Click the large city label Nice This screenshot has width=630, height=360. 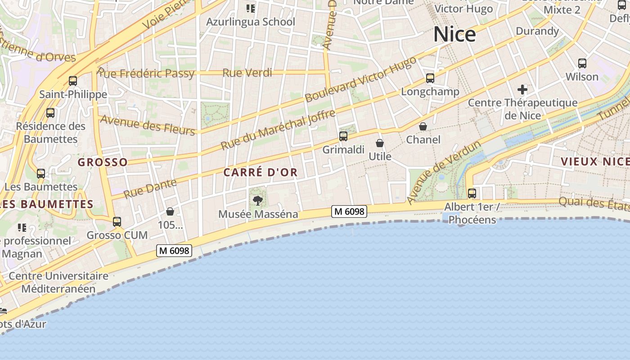(454, 35)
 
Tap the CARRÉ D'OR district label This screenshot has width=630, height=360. (261, 172)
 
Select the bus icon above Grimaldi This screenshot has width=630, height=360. (343, 136)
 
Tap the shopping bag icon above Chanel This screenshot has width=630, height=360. (423, 126)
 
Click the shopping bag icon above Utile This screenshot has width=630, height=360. (380, 143)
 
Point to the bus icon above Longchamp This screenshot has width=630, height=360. (430, 78)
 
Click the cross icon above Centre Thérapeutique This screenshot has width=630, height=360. (522, 89)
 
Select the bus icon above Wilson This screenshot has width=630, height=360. (582, 63)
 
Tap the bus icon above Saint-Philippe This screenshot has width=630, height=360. (73, 81)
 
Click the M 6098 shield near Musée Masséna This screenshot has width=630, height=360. (349, 211)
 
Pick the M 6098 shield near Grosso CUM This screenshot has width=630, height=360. (174, 251)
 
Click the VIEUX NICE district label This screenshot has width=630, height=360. (595, 162)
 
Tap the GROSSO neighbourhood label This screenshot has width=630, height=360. (103, 162)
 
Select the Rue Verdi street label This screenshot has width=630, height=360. (247, 73)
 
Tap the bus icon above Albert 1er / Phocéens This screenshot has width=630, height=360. (472, 193)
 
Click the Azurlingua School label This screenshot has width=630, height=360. (251, 22)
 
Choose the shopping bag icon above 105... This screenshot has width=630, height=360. (170, 211)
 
